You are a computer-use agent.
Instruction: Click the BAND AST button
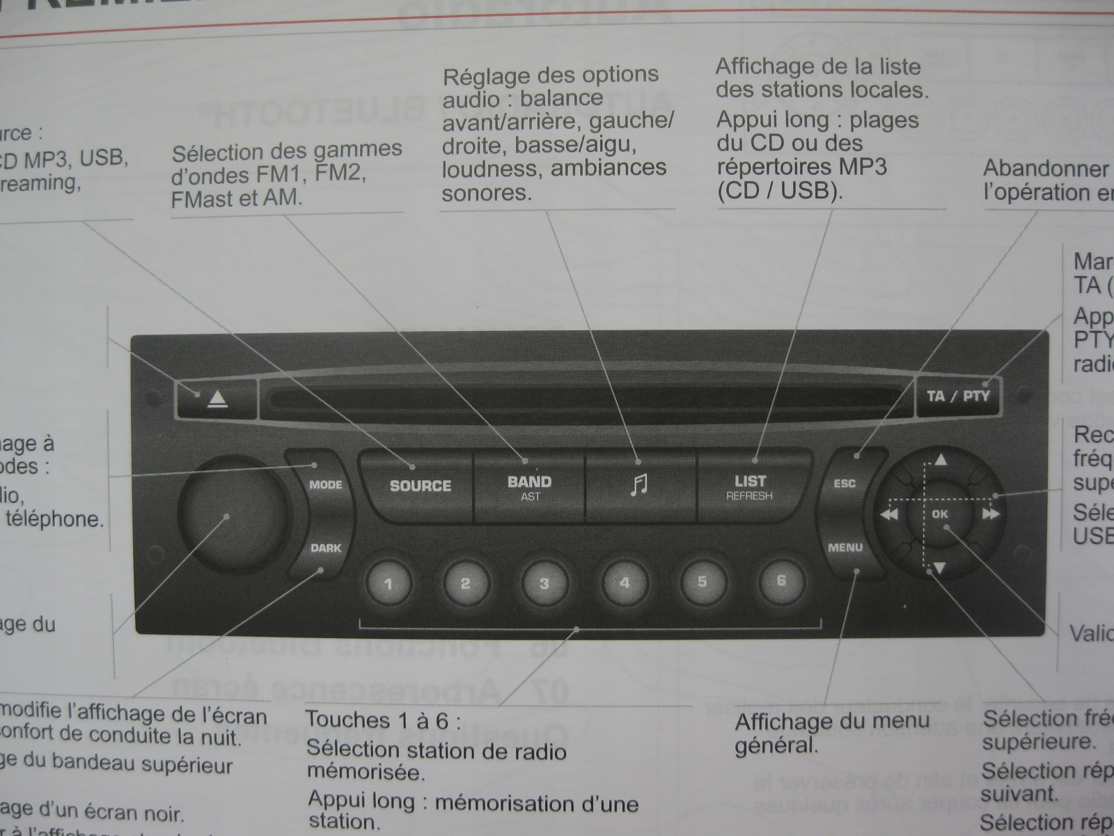coord(529,486)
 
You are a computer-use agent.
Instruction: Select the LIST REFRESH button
coord(750,486)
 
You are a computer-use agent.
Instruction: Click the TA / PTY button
coord(958,396)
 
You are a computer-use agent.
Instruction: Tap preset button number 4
coord(625,582)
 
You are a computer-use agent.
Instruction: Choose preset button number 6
coord(781,580)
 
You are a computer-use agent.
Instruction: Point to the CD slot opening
coord(585,399)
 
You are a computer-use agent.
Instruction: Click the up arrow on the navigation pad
coord(941,460)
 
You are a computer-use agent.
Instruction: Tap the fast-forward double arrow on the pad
coord(991,515)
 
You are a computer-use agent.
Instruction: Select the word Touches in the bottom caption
coord(349,720)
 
